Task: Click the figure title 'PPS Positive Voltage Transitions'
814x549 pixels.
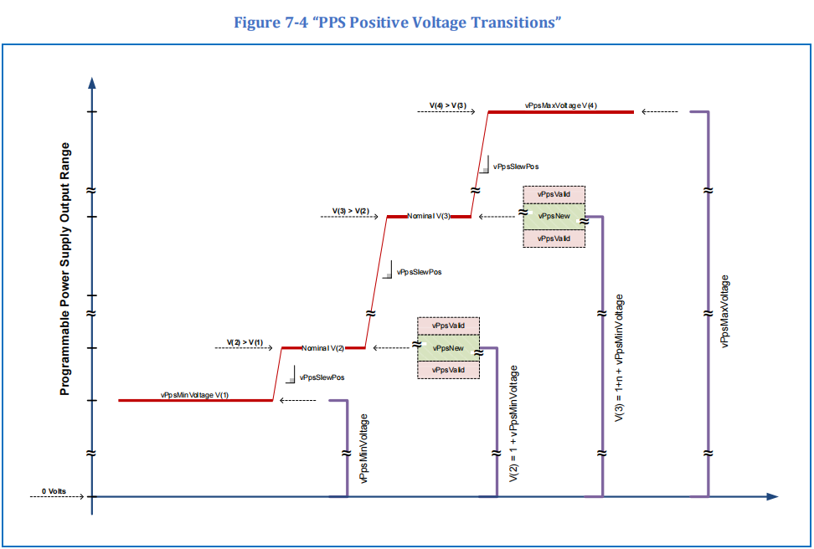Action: [398, 22]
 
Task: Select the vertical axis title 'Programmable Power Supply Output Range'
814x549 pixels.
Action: [64, 269]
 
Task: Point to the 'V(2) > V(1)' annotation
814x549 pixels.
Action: [245, 342]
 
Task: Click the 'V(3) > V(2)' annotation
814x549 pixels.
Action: [350, 210]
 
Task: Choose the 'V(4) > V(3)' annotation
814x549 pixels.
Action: [448, 105]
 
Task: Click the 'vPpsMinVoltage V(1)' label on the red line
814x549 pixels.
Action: [194, 394]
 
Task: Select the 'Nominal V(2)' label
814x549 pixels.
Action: [323, 347]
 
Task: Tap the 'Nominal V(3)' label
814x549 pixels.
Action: [429, 216]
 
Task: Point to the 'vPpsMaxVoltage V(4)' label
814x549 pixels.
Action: [561, 105]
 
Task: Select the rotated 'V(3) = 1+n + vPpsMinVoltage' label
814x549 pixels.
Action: [619, 357]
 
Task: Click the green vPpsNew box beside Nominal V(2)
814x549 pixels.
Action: [448, 347]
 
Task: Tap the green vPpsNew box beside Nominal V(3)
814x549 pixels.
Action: [554, 216]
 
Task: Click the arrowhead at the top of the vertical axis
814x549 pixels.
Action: [92, 83]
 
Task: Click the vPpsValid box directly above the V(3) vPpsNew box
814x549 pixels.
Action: [554, 194]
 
